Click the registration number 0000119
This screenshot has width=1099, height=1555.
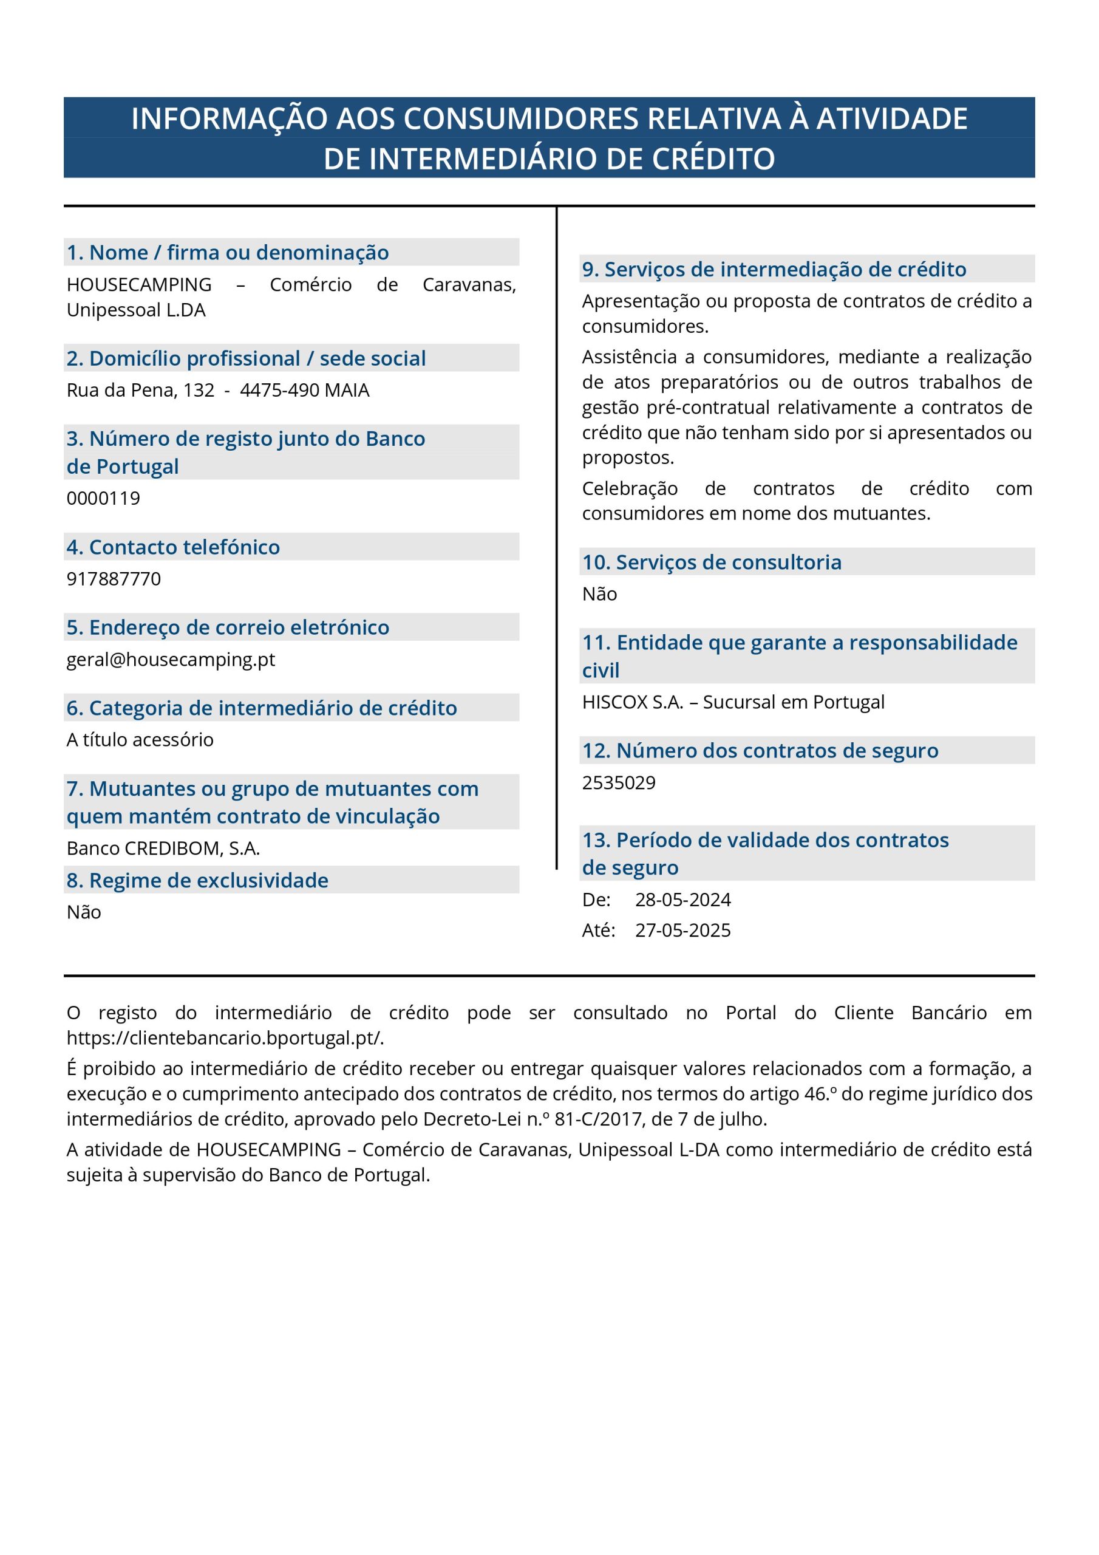pos(103,498)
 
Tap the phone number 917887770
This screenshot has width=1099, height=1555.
pos(114,578)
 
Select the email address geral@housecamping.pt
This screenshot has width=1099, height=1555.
pos(171,659)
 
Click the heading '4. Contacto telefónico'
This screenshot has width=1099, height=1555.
pos(172,547)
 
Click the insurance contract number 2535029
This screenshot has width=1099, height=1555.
pos(618,782)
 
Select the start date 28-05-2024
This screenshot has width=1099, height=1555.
pos(682,900)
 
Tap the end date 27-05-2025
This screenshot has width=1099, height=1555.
pos(682,930)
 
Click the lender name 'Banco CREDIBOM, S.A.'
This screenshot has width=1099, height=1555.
pos(163,848)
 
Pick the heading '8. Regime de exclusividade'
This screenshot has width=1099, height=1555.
pos(197,880)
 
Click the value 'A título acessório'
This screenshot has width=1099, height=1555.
pos(140,740)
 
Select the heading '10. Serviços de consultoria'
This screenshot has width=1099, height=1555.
pos(712,562)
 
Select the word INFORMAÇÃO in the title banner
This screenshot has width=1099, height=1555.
pos(229,118)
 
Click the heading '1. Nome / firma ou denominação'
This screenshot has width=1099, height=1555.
pos(228,252)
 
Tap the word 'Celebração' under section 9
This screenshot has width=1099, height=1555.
pos(630,488)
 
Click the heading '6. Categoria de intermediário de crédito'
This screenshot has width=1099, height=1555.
pos(261,708)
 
